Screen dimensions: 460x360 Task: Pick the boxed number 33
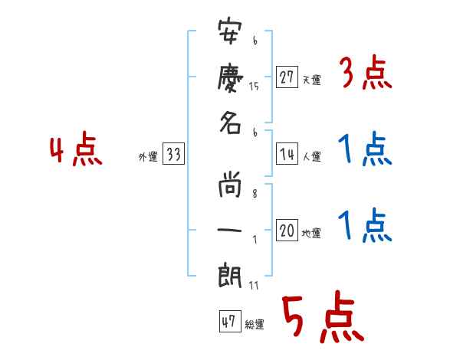point(173,155)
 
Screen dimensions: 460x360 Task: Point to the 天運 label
point(312,80)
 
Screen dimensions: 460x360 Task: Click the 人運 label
point(312,157)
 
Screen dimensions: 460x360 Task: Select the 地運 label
point(312,233)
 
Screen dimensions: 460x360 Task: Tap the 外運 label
point(148,157)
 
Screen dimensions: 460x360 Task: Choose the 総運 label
point(255,324)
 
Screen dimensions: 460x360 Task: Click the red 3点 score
point(365,74)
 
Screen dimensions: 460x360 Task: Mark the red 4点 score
point(76,151)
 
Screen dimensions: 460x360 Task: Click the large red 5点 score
point(321,318)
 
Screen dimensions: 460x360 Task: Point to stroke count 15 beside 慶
point(255,87)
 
